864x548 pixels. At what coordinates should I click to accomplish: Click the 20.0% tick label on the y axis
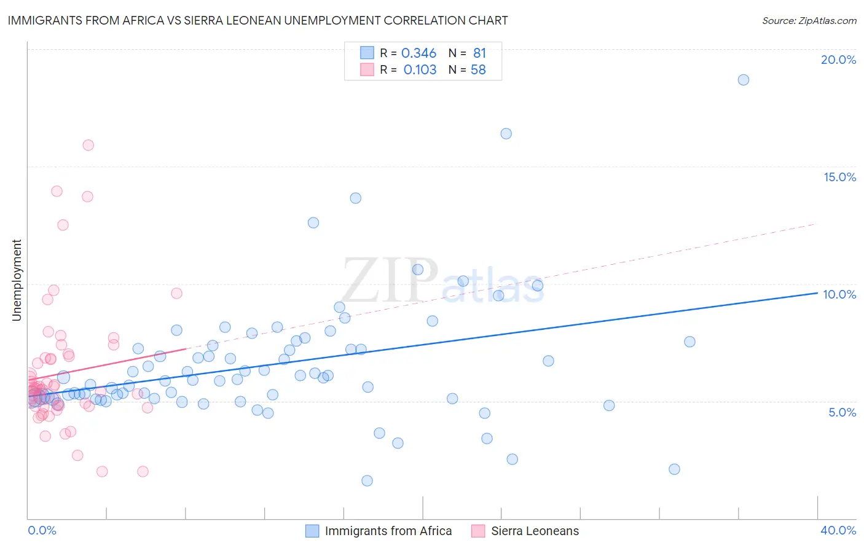tap(838, 60)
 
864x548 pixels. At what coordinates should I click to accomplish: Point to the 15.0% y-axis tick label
tap(839, 177)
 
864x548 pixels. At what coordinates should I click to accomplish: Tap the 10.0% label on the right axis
tap(839, 294)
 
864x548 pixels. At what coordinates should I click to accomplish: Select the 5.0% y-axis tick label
tap(842, 412)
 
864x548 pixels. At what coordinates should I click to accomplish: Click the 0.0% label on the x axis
tap(42, 530)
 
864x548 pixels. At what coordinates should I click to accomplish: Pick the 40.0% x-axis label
tap(838, 530)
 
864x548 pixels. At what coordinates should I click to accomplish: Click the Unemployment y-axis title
tap(17, 280)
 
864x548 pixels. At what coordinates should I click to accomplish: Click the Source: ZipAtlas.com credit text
tap(809, 20)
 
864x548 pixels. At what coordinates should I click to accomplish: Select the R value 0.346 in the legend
tap(418, 53)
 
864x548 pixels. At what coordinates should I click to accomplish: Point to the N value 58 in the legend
tap(478, 70)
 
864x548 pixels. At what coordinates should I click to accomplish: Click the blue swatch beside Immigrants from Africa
tap(312, 531)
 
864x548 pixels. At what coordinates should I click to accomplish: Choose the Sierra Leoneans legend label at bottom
tap(535, 531)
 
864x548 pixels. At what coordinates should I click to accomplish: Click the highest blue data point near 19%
tap(743, 80)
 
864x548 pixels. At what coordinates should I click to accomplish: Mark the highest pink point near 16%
tap(88, 145)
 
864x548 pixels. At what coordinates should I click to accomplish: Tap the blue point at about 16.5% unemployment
tap(506, 133)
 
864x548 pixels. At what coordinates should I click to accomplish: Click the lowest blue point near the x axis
tap(367, 480)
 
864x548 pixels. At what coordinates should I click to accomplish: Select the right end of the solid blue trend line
tap(817, 293)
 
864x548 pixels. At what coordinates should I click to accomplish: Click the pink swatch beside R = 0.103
tap(367, 69)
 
